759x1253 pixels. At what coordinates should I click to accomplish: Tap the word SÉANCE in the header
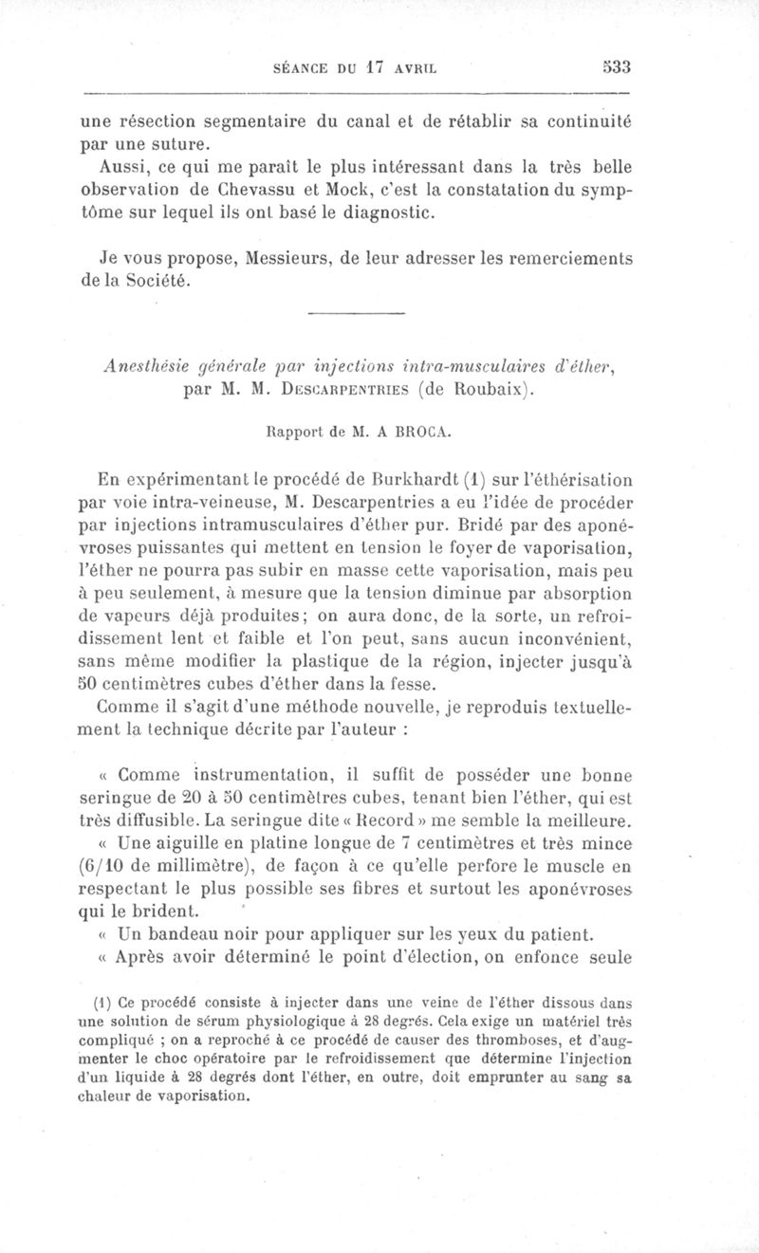[301, 68]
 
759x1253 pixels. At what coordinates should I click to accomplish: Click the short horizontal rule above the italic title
[357, 314]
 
